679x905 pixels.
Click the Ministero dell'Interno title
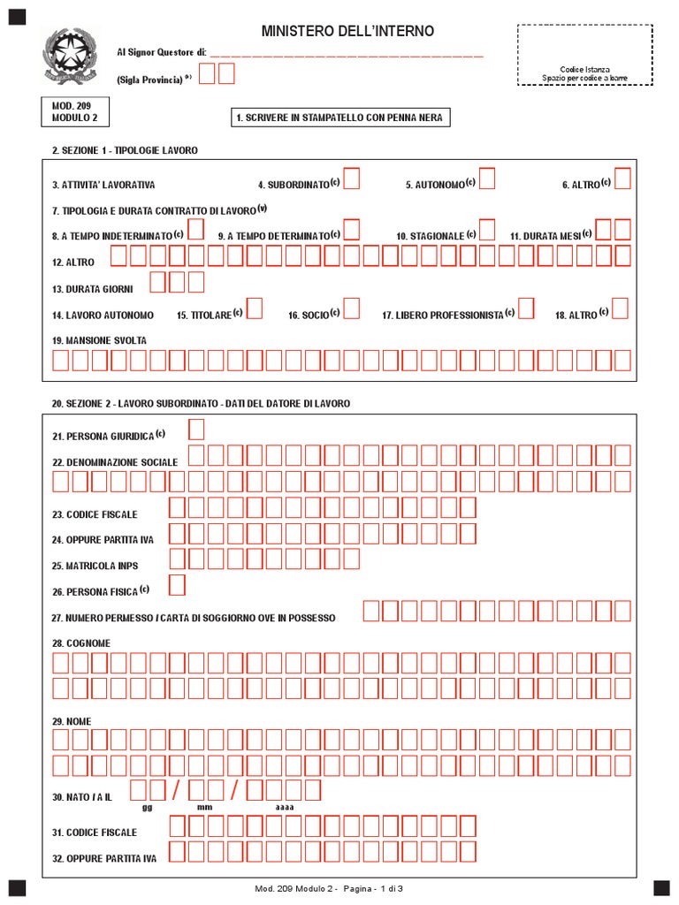347,32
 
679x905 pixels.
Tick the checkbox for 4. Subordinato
352,179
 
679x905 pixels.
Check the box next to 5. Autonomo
487,179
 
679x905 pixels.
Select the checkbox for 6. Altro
622,179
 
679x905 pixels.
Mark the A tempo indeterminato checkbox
196,230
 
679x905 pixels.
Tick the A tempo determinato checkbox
352,230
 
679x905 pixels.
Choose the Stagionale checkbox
487,230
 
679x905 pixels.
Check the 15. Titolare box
255,308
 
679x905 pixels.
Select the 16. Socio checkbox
352,308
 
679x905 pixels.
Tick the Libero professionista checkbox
526,308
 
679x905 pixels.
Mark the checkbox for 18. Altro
620,308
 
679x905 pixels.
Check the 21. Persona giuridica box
196,430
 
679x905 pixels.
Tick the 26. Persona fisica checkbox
177,585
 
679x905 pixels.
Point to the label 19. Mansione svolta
99,340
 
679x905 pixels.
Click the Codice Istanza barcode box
584,55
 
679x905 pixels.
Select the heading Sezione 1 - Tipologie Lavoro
125,150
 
